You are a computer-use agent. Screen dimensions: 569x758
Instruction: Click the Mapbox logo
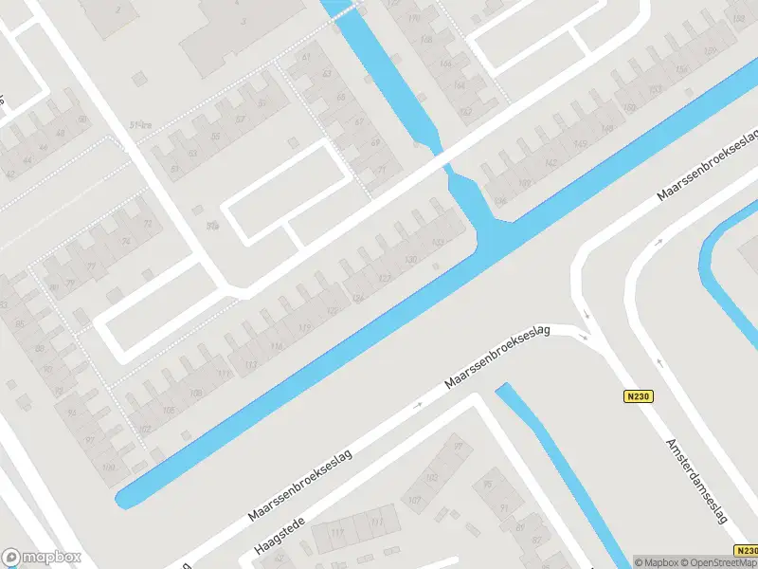tap(41, 558)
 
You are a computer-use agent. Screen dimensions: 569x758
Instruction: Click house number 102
tap(144, 429)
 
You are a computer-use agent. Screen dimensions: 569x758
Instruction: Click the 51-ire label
tap(142, 122)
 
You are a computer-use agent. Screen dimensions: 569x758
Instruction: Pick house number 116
tap(277, 346)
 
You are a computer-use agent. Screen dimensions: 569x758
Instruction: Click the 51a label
tap(211, 226)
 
